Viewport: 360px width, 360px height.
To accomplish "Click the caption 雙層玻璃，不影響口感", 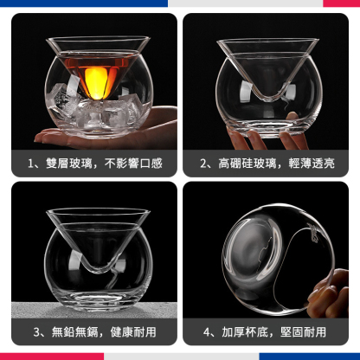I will click(x=95, y=162).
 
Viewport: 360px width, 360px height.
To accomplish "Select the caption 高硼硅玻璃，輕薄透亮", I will click(x=267, y=162).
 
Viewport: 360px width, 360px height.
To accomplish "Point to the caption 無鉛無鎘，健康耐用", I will click(x=95, y=331).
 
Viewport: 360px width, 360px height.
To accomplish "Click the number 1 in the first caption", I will click(x=32, y=162).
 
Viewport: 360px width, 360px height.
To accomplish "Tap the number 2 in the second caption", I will click(x=204, y=162).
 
